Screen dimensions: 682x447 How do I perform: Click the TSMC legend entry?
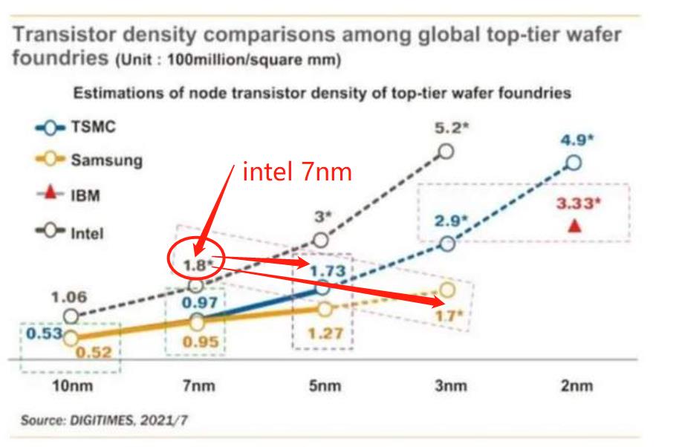pyautogui.click(x=76, y=128)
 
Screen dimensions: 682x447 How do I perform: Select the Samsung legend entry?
pyautogui.click(x=88, y=160)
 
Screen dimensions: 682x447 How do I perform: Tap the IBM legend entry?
pyautogui.click(x=69, y=195)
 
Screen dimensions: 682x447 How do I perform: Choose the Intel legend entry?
pyautogui.click(x=70, y=232)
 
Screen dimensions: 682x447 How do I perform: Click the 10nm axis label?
pyautogui.click(x=72, y=385)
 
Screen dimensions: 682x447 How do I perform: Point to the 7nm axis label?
pyautogui.click(x=199, y=385)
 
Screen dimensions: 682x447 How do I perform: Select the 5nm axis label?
pyautogui.click(x=325, y=385)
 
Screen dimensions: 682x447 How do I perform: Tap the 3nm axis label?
pyautogui.click(x=451, y=385)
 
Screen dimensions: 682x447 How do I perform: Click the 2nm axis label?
pyautogui.click(x=577, y=385)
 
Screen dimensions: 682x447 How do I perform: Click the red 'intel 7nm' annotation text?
pyautogui.click(x=297, y=172)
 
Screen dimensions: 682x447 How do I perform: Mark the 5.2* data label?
pyautogui.click(x=452, y=128)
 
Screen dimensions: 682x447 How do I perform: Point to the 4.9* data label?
pyautogui.click(x=577, y=140)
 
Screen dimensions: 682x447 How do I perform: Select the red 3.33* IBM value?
pyautogui.click(x=578, y=203)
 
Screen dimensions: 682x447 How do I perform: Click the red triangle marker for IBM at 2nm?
pyautogui.click(x=575, y=226)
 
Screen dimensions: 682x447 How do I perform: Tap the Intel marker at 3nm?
pyautogui.click(x=446, y=151)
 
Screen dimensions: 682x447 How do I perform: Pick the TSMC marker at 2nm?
pyautogui.click(x=574, y=163)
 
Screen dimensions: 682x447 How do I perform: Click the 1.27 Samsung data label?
pyautogui.click(x=325, y=333)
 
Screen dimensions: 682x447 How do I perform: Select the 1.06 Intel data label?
pyautogui.click(x=69, y=298)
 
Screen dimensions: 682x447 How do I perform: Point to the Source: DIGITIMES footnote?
pyautogui.click(x=105, y=420)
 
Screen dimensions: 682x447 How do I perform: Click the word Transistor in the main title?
pyautogui.click(x=65, y=34)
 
